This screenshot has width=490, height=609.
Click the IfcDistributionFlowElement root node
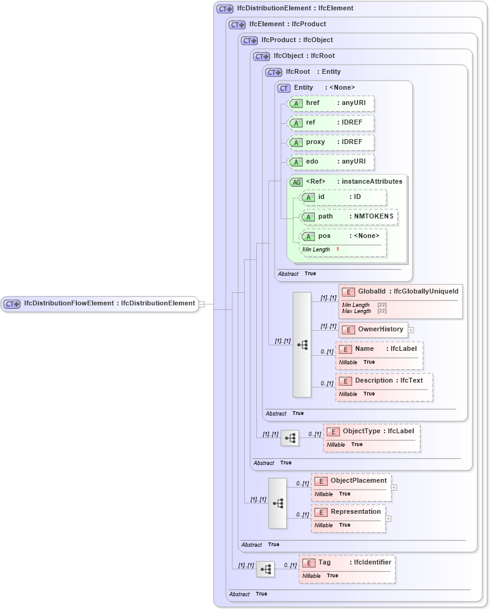(100, 303)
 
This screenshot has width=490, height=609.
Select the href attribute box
(330, 103)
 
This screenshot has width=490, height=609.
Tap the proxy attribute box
(330, 142)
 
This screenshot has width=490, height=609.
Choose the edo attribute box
(330, 162)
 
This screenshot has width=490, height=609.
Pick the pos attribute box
(343, 236)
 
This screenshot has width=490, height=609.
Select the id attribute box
(343, 197)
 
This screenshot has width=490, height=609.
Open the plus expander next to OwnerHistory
(411, 330)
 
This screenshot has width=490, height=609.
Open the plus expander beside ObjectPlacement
(394, 488)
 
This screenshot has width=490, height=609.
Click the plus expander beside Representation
(388, 519)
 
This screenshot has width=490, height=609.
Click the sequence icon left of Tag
(265, 569)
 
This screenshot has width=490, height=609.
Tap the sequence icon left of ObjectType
(290, 438)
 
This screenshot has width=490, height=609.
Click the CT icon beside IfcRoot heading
(274, 72)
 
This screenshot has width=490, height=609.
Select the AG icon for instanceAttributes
(296, 182)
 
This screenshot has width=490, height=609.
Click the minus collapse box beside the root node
(202, 303)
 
